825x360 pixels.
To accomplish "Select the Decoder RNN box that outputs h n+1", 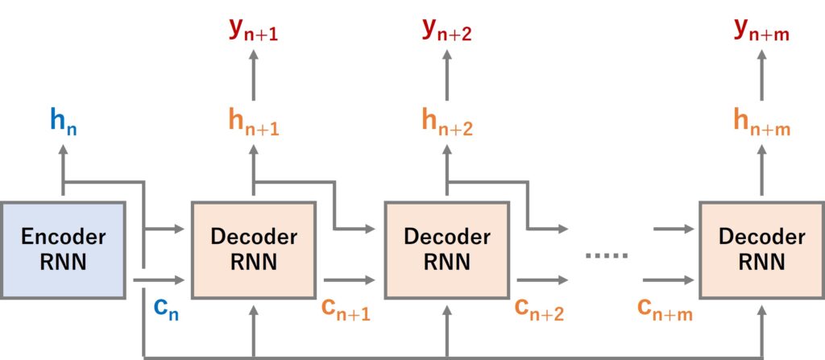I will pyautogui.click(x=253, y=250).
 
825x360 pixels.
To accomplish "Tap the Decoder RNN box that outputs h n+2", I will pyautogui.click(x=446, y=250).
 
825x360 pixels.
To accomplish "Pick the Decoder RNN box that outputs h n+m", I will pyautogui.click(x=761, y=250).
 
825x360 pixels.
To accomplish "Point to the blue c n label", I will pyautogui.click(x=166, y=308).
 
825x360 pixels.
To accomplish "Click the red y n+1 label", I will pyautogui.click(x=253, y=31).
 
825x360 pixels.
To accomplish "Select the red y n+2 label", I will pyautogui.click(x=446, y=31).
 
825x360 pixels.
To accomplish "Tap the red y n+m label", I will pyautogui.click(x=761, y=31).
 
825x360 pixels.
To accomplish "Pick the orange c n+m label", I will pyautogui.click(x=664, y=309).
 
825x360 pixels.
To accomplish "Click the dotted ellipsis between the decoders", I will pyautogui.click(x=606, y=255).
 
